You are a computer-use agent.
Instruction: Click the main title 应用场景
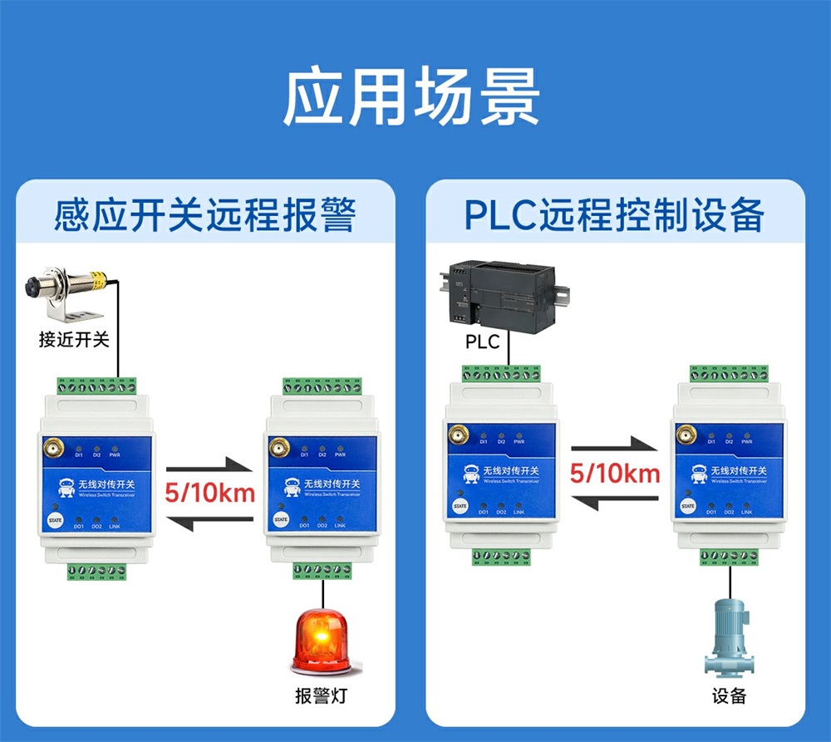click(x=412, y=98)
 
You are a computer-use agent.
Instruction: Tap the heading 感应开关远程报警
click(x=204, y=215)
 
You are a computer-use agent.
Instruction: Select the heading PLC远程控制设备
click(x=614, y=215)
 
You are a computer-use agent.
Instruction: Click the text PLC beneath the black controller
click(x=482, y=342)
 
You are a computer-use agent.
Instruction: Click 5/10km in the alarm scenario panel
click(x=209, y=492)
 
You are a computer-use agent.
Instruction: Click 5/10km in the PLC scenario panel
click(x=615, y=474)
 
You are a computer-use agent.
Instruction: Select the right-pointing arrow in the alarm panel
click(x=209, y=464)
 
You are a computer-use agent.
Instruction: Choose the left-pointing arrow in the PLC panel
click(x=615, y=501)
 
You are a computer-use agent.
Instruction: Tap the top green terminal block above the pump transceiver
click(x=728, y=373)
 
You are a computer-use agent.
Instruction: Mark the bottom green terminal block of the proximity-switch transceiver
click(x=97, y=572)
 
